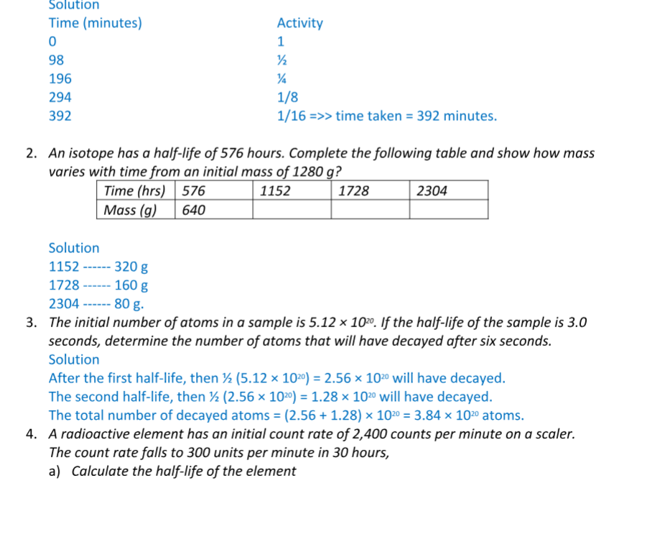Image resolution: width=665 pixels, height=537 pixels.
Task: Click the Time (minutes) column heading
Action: point(95,23)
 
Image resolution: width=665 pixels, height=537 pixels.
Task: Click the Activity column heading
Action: point(299,23)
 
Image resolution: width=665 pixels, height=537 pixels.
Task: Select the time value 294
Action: point(60,97)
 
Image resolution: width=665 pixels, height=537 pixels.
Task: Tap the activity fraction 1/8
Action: point(287,97)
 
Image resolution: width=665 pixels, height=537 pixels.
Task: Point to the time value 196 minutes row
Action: point(60,78)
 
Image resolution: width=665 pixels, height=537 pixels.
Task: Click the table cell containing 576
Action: point(194,191)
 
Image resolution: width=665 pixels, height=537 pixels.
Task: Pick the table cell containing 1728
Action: point(353,191)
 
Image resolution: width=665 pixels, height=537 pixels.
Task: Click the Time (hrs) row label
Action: point(134,191)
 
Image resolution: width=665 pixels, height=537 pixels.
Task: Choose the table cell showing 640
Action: point(194,210)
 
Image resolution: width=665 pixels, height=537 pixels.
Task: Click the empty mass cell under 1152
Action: point(291,210)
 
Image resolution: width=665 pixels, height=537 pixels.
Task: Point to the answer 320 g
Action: point(131,267)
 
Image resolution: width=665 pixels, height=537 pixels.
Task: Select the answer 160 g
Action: point(131,285)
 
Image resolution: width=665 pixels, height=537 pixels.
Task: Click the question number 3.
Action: point(32,322)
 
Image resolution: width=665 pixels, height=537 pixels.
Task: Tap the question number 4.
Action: point(32,434)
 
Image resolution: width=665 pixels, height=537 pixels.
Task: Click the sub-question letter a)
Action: point(55,472)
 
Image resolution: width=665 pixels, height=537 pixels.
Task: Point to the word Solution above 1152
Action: point(74,248)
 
